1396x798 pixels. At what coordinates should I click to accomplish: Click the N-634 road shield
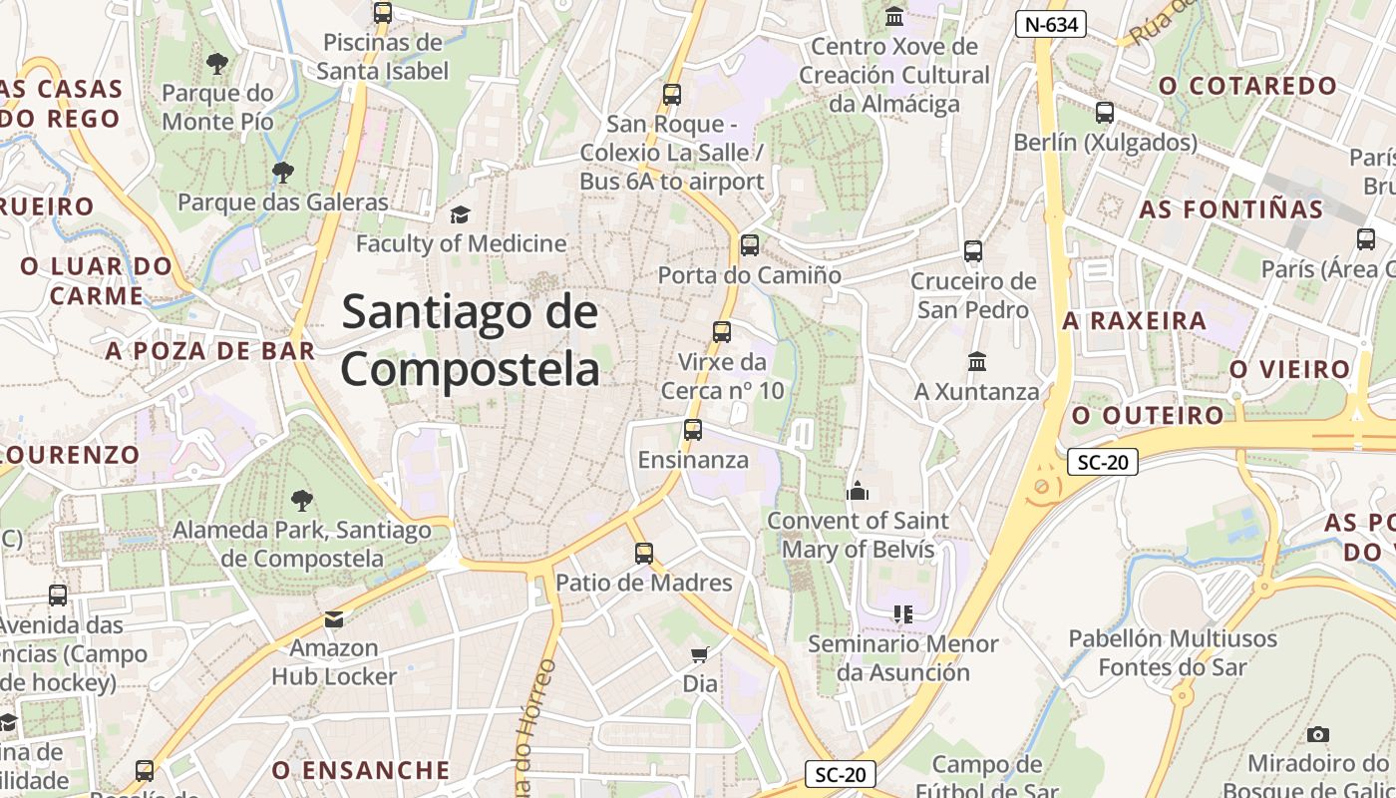(1050, 24)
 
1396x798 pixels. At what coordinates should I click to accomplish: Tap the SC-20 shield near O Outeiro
(1102, 462)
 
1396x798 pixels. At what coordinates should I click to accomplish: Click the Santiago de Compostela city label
(470, 340)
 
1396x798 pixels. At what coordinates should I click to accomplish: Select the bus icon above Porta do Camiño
(750, 244)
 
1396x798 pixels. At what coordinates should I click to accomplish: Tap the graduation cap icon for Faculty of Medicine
(460, 214)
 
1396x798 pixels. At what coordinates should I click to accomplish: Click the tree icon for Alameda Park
(301, 500)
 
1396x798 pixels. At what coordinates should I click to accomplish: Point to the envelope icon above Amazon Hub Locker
(334, 619)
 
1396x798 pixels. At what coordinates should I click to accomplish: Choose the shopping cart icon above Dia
(700, 654)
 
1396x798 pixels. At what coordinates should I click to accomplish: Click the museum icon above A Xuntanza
(977, 361)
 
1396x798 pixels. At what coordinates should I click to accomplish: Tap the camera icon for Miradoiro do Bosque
(1318, 734)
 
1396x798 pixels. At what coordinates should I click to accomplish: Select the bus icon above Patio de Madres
(644, 553)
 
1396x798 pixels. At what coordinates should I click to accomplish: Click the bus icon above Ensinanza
(693, 430)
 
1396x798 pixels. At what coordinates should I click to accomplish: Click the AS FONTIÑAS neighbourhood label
(1230, 209)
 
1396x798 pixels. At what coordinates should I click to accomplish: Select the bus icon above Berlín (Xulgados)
(1105, 113)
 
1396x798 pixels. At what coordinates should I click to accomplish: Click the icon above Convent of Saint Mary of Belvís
(857, 491)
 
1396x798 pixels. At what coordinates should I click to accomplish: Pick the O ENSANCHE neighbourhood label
(361, 770)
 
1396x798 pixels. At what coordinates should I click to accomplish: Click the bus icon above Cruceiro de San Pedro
(973, 251)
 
